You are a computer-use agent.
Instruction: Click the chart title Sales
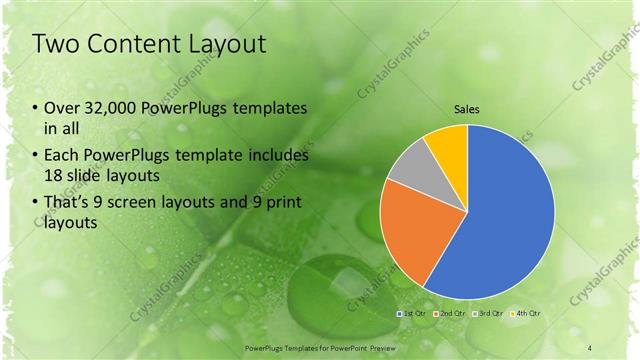pyautogui.click(x=467, y=108)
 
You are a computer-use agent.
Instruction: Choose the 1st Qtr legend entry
pyautogui.click(x=410, y=315)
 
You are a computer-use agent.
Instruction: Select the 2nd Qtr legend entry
pyautogui.click(x=450, y=315)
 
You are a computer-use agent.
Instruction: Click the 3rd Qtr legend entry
pyautogui.click(x=489, y=315)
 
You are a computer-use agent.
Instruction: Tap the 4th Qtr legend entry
pyautogui.click(x=527, y=315)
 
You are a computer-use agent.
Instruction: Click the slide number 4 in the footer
pyautogui.click(x=590, y=347)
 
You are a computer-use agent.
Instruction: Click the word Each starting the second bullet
pyautogui.click(x=64, y=156)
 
